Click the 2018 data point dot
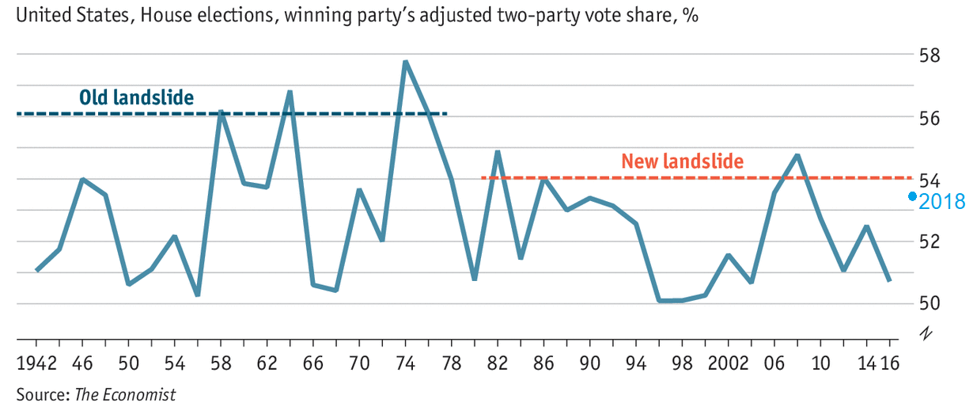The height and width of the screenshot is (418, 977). coord(912,196)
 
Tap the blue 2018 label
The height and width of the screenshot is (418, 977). coord(942,202)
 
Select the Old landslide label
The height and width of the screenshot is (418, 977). coord(136,97)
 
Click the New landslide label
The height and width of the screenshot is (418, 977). coord(682,161)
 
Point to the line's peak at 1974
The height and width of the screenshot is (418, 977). coord(405,62)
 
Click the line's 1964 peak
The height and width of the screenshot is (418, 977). coord(290,92)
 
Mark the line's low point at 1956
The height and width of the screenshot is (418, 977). coord(197,294)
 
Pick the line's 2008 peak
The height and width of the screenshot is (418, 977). coord(797,155)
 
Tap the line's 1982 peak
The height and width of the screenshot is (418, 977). coord(498,151)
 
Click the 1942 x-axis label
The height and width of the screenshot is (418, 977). coord(36,365)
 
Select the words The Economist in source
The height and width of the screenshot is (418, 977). coord(125,394)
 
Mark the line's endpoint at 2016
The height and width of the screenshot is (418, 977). coord(889,280)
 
